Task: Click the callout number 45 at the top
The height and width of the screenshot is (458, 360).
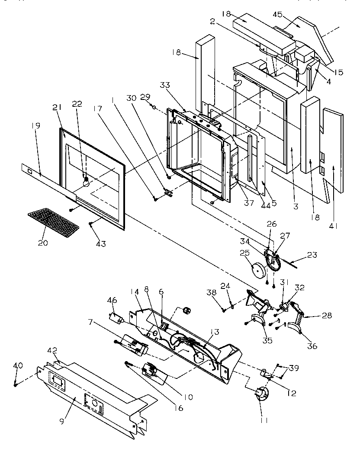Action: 277,15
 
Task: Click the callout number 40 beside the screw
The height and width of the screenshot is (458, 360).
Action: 17,365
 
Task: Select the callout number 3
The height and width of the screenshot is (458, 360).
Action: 296,207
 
